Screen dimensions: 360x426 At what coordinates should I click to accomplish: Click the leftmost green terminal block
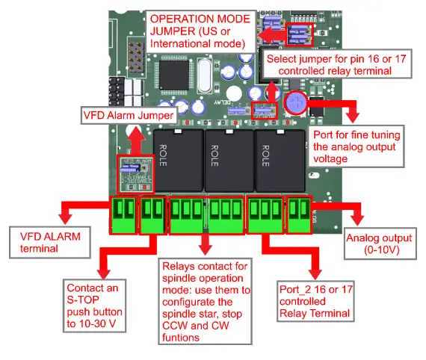(x=123, y=211)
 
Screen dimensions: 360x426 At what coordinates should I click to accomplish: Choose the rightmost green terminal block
(x=300, y=211)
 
